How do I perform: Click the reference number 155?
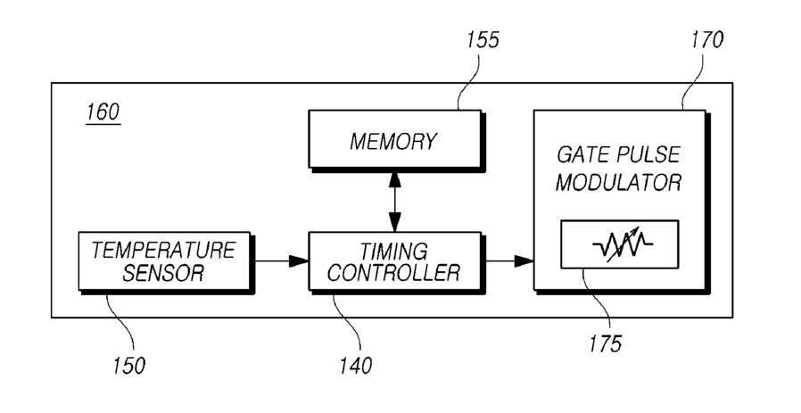point(483,40)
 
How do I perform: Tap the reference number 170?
point(707,40)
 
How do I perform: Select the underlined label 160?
point(103,112)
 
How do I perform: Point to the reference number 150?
point(128,366)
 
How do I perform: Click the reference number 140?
point(356,366)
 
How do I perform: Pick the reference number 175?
point(606,344)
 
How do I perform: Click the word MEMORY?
point(393,142)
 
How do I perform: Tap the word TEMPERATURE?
point(163,251)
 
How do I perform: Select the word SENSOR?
point(163,273)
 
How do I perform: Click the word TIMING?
point(393,251)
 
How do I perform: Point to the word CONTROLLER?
point(393,273)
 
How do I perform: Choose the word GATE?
point(582,154)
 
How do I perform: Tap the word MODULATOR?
point(619,182)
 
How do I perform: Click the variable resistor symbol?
point(623,244)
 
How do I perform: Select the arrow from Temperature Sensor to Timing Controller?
point(282,261)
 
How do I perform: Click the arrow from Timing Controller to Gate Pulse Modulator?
point(509,261)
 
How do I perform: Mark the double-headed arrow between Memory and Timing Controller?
point(394,201)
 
